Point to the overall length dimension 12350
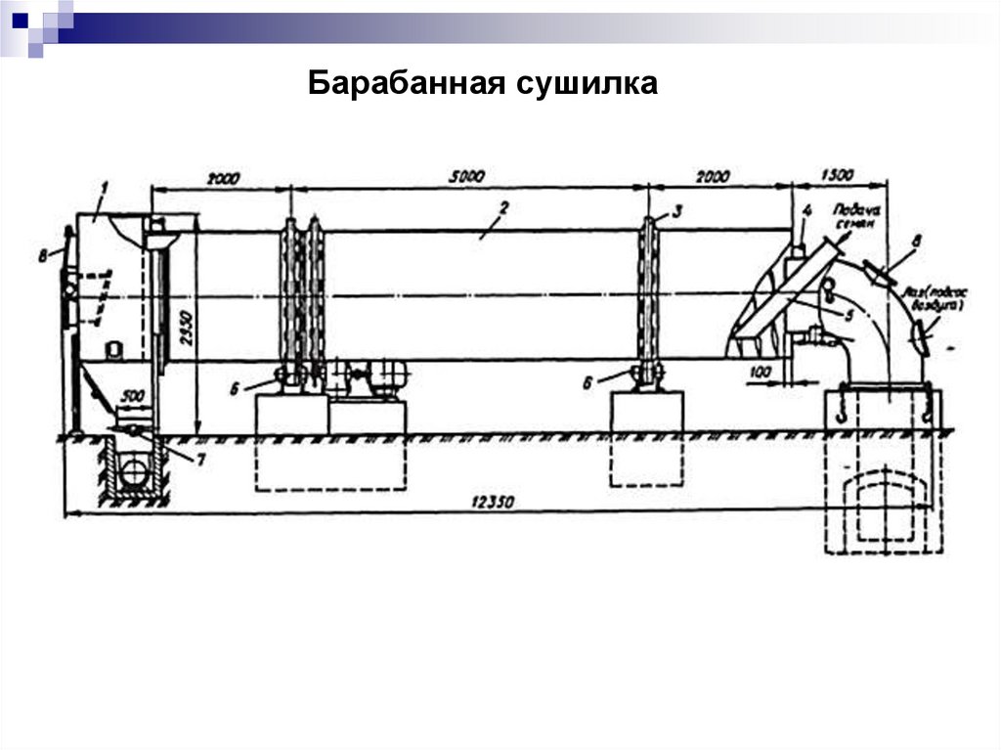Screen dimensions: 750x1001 click(x=492, y=502)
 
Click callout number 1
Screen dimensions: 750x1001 click(x=104, y=185)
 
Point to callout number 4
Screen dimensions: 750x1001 click(x=807, y=209)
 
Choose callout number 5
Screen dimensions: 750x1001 click(x=849, y=314)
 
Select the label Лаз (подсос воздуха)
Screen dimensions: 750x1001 click(x=935, y=297)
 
